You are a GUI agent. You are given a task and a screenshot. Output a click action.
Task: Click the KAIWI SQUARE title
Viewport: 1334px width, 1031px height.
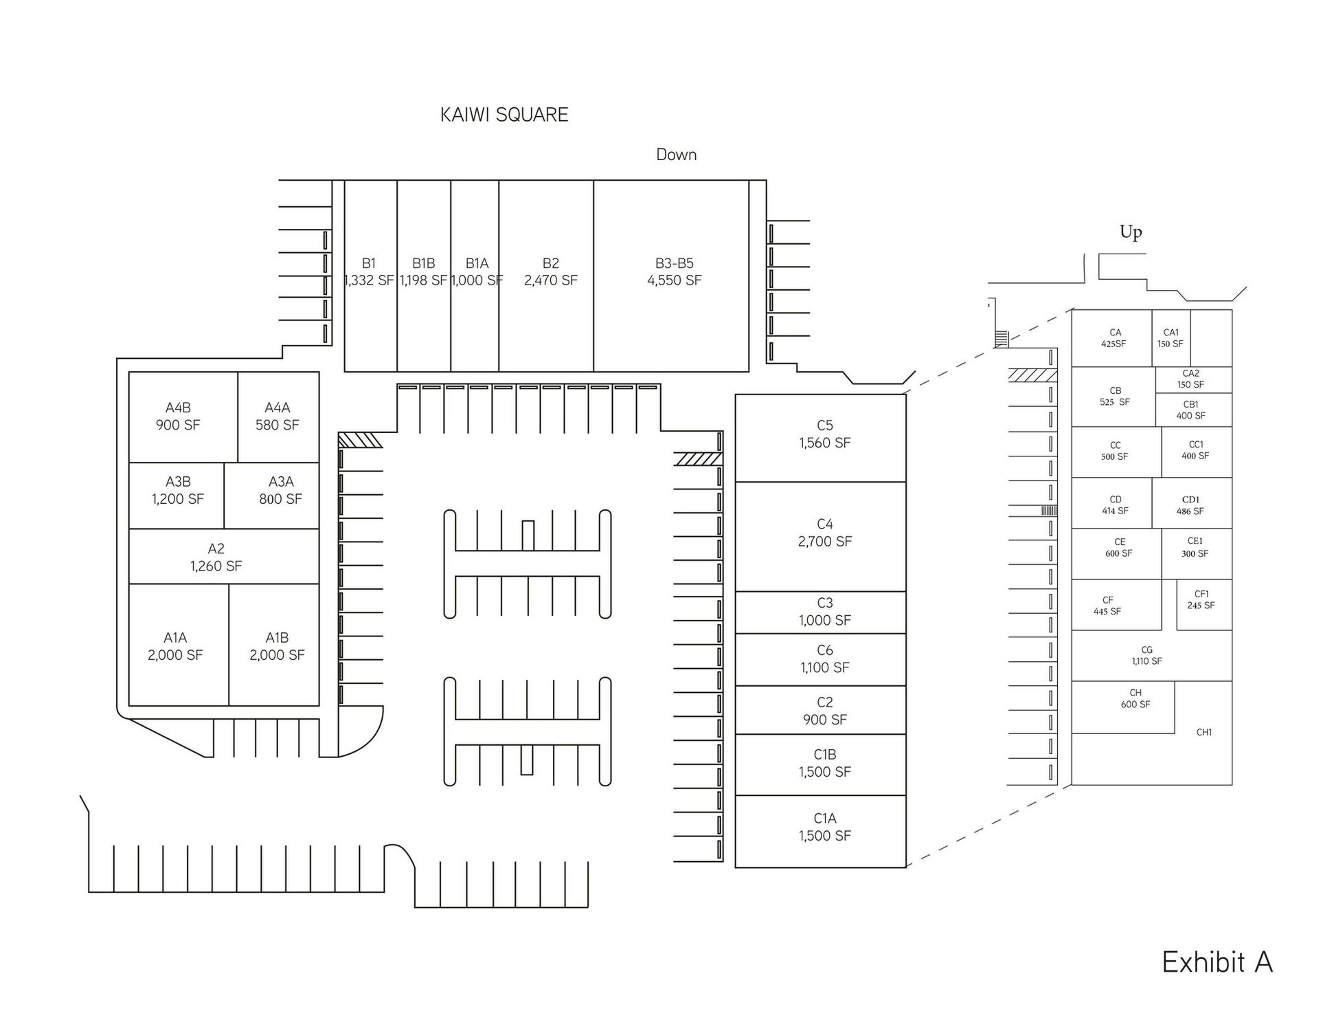[x=504, y=115]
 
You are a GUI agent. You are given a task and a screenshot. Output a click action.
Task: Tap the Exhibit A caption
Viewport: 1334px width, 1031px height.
[x=1217, y=962]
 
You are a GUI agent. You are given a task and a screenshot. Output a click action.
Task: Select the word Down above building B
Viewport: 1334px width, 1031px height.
[x=676, y=155]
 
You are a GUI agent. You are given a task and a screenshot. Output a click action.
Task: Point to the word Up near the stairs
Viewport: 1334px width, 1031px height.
[x=1131, y=232]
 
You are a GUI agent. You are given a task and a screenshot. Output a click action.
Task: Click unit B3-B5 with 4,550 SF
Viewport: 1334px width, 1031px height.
[x=674, y=272]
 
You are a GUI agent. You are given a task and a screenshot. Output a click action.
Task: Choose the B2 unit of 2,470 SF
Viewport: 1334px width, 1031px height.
[x=550, y=272]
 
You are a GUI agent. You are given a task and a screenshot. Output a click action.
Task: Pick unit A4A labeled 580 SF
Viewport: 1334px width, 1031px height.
[x=278, y=417]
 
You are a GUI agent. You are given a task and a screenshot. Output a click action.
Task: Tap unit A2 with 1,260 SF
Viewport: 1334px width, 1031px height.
[x=216, y=557]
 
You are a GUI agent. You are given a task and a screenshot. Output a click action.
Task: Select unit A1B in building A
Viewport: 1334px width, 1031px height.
[x=276, y=646]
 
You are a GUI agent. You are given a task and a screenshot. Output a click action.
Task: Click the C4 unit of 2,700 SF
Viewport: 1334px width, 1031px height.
[x=824, y=533]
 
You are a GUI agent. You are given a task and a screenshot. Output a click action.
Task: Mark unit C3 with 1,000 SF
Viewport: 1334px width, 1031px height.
[x=824, y=612]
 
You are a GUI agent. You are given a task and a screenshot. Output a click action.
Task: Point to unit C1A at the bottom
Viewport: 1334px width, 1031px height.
[x=824, y=827]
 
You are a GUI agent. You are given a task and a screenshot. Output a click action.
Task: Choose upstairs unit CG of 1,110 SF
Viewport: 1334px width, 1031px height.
[x=1146, y=656]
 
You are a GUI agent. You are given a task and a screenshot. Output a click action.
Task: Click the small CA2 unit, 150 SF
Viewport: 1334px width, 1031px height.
[x=1190, y=379]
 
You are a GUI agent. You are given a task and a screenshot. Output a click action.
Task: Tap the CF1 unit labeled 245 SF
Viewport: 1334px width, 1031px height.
[x=1201, y=600]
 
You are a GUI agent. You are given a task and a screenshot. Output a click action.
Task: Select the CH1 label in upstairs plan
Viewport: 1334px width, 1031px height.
[x=1203, y=733]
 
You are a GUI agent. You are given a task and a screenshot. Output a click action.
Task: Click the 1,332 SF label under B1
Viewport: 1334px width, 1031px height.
[x=369, y=280]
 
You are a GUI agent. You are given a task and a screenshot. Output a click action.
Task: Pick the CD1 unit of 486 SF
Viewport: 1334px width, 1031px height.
[x=1190, y=505]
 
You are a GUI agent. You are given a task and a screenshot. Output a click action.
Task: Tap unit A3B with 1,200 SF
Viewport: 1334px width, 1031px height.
[x=178, y=491]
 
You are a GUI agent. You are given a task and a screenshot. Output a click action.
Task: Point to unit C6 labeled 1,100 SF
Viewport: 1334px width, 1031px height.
[x=824, y=659]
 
